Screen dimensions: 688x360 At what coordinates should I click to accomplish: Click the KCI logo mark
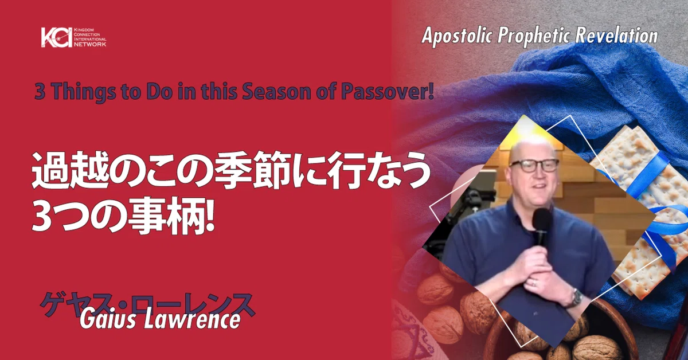tap(57, 37)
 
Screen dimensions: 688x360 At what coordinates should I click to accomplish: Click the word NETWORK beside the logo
tap(90, 44)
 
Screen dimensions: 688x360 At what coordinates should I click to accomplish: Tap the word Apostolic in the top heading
tap(458, 37)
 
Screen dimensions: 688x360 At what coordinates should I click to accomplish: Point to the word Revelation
tap(616, 36)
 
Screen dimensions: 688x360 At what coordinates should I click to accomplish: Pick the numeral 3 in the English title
tap(40, 92)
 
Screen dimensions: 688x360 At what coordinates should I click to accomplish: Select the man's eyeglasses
tap(534, 166)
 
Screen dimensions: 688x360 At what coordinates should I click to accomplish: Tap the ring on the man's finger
tap(534, 283)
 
